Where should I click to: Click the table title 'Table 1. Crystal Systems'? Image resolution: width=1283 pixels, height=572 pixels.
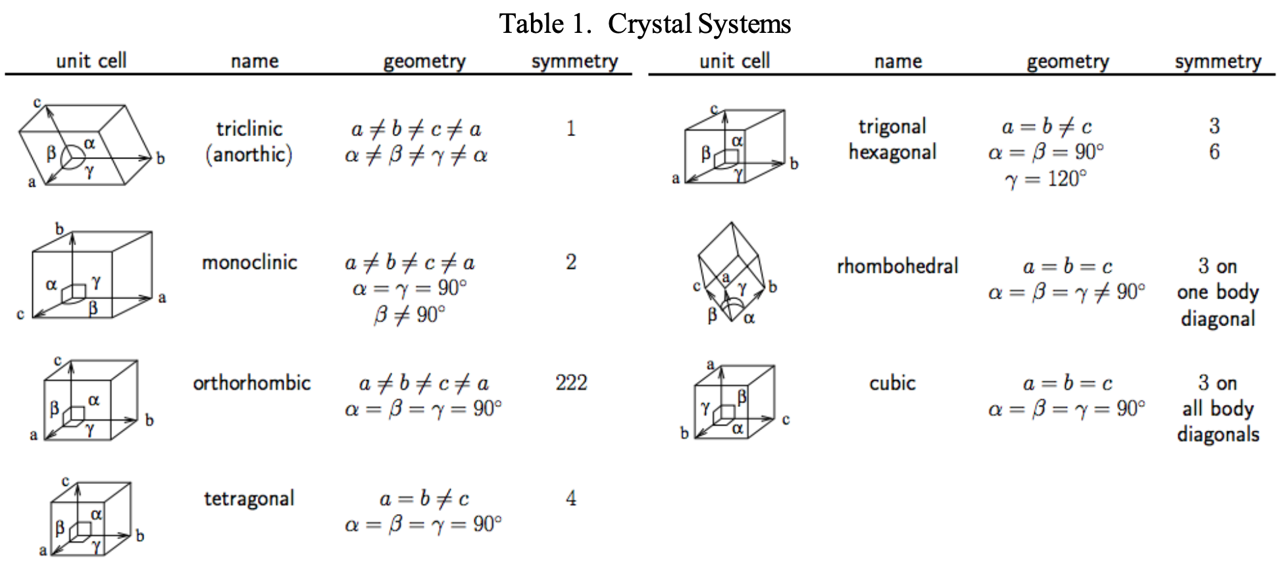click(645, 24)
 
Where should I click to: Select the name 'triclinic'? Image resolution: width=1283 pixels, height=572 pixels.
click(249, 128)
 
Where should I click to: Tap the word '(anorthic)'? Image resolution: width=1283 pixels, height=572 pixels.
click(249, 155)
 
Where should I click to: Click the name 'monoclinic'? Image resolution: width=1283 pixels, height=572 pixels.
click(249, 262)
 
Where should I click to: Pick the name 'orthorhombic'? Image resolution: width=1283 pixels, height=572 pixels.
click(251, 383)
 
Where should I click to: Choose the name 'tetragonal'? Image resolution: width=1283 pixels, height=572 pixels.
click(249, 498)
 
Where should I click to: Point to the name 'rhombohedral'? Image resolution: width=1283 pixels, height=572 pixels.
click(897, 266)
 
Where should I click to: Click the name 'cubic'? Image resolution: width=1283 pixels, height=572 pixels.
click(892, 383)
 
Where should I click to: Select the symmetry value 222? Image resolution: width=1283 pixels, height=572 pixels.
click(571, 383)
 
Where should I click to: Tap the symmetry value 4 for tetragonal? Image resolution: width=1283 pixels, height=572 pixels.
click(571, 498)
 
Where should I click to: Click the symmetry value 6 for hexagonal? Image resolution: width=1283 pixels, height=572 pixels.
click(1215, 152)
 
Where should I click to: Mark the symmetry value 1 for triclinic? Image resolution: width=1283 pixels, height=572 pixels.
click(571, 128)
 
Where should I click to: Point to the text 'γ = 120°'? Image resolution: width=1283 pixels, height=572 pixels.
click(1046, 179)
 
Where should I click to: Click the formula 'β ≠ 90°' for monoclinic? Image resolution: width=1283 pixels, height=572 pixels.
click(409, 315)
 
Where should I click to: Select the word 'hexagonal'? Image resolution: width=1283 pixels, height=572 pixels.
click(892, 153)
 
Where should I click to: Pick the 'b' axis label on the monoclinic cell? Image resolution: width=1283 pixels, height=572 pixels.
click(60, 229)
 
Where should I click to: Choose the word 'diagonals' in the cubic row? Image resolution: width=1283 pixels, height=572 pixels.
click(1218, 435)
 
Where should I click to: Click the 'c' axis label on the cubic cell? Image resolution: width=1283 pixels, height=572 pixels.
click(786, 419)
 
